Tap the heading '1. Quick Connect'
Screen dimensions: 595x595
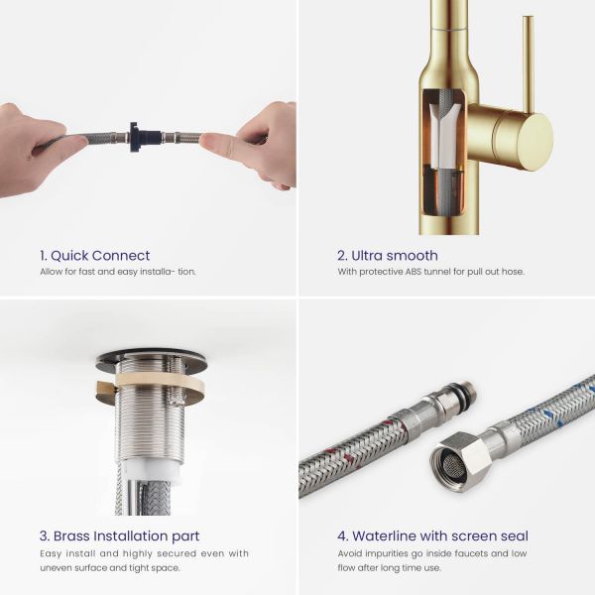95,256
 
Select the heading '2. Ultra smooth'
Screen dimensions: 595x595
388,256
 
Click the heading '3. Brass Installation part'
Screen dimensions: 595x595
120,535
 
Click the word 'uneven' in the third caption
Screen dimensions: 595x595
53,568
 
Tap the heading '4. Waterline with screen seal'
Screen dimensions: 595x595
432,535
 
